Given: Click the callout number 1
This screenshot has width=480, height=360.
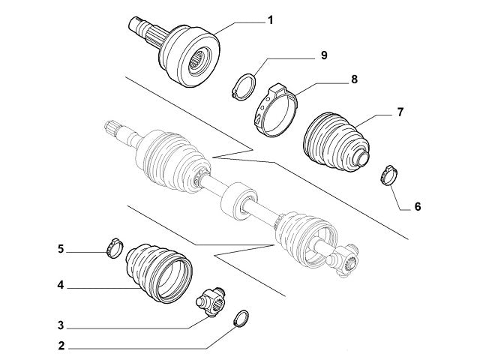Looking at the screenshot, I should coord(270,21).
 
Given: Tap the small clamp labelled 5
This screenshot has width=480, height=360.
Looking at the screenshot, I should coord(113,247).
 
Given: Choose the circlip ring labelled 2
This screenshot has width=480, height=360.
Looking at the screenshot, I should coord(241,318).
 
